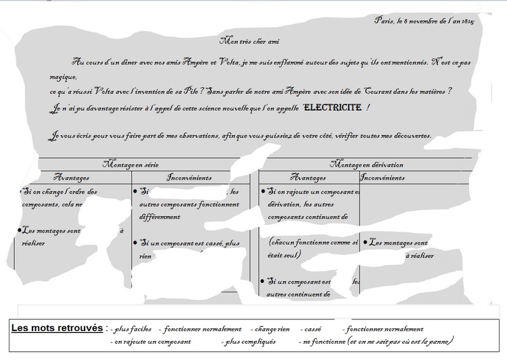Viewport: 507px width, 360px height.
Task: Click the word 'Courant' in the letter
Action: [366, 91]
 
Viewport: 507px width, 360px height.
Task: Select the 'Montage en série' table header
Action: [132, 164]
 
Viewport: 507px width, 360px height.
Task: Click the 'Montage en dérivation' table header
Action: [366, 164]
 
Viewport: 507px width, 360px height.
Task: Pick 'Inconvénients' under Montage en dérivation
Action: [383, 178]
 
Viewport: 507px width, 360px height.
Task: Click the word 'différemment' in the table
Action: [160, 217]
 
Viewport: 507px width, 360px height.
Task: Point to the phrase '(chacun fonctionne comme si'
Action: [313, 241]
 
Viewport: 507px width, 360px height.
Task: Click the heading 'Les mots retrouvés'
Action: [57, 328]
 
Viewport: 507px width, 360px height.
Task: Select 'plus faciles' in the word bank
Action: [133, 330]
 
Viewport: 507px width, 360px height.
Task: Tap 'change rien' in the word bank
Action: [270, 330]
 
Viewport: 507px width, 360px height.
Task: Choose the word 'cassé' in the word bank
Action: [313, 330]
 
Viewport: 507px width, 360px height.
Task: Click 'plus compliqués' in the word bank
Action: [249, 342]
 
